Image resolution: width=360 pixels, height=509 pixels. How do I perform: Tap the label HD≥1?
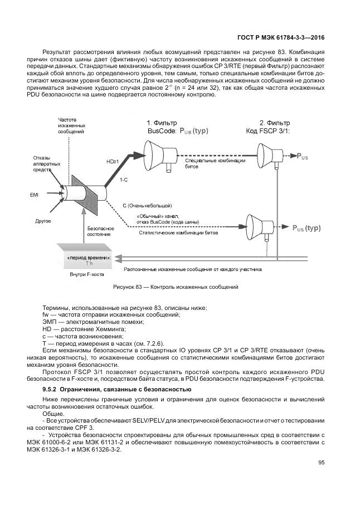(x=113, y=161)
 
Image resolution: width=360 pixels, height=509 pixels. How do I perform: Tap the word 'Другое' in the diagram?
(x=43, y=221)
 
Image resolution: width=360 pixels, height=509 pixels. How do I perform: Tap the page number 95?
(x=322, y=462)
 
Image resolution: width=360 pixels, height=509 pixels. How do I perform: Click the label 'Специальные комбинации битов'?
(x=215, y=163)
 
